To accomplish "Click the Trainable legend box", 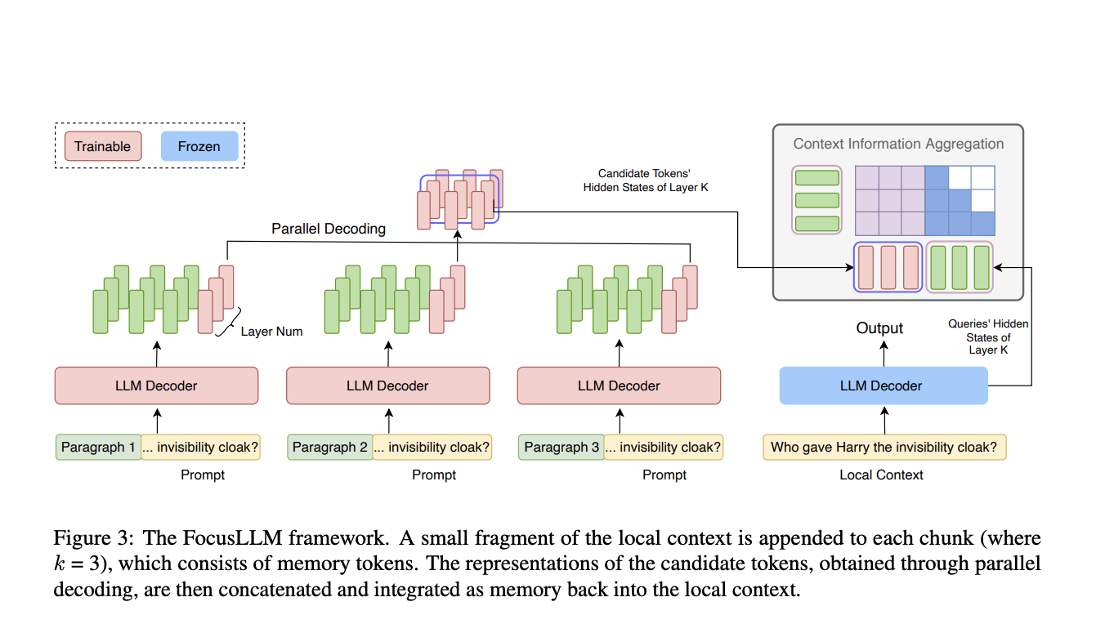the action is (x=103, y=146).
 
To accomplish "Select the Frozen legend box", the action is (x=199, y=146).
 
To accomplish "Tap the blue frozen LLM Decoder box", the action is (x=884, y=386).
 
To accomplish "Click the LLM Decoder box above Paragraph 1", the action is (x=156, y=386).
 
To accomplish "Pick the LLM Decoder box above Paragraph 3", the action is (x=619, y=386).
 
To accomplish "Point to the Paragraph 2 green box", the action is (x=330, y=447).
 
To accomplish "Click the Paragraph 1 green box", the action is (x=99, y=447).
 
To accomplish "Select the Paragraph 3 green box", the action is (x=561, y=447).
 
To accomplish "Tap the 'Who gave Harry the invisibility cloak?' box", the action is (x=884, y=447).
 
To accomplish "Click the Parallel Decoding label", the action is (x=329, y=229).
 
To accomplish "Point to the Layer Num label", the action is (x=271, y=332).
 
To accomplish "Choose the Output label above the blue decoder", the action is (x=879, y=328).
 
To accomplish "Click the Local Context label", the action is (x=881, y=475).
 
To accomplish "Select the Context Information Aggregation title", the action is (x=898, y=144).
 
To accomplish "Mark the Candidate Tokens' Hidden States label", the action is (x=645, y=181).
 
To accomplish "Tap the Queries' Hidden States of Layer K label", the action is (x=988, y=337).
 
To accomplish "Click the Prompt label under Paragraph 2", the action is (x=434, y=475).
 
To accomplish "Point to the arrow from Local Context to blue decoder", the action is (x=884, y=421).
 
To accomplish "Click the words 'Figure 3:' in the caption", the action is (x=93, y=537).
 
